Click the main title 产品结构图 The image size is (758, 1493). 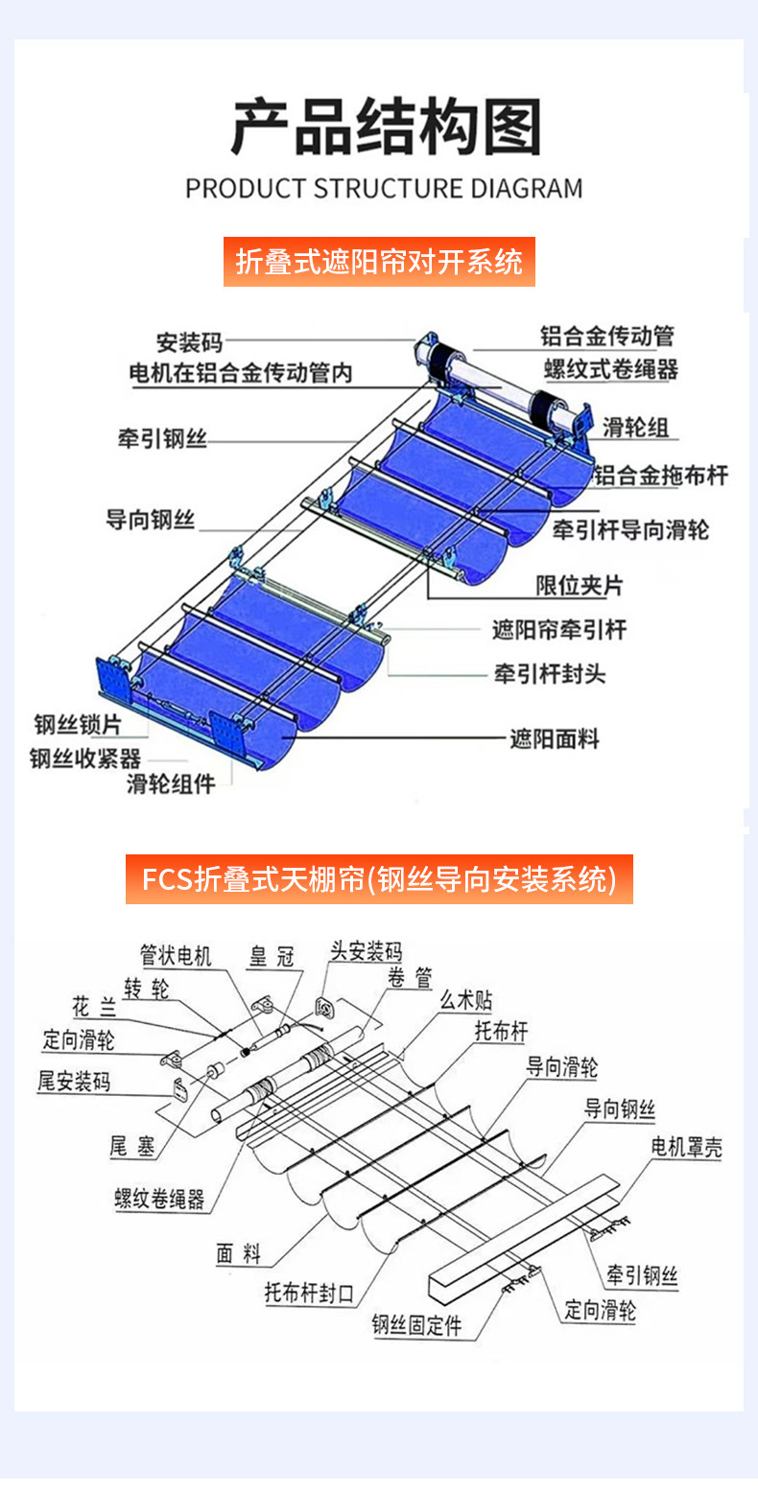(386, 127)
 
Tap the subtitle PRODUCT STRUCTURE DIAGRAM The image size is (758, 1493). (384, 188)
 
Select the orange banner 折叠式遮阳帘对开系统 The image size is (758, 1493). (379, 261)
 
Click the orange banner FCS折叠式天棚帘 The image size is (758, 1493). (379, 878)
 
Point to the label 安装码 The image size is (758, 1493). (189, 341)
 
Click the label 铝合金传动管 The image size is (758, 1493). (606, 336)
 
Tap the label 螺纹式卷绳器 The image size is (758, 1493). (611, 368)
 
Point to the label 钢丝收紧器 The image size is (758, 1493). (85, 758)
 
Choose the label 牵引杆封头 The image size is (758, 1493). (550, 673)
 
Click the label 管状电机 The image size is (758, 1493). (176, 955)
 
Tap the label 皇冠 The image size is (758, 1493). (272, 955)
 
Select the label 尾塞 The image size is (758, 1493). (132, 1145)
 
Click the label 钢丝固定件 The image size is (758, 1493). (416, 1325)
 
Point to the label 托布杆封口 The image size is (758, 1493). (309, 1293)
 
